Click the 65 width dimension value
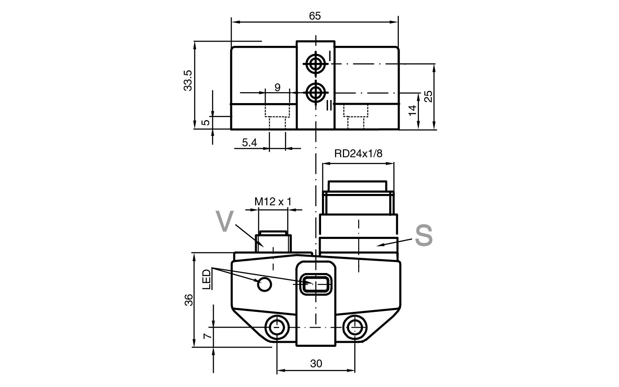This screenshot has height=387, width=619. pos(315,16)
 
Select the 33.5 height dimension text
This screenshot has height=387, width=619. pos(188,80)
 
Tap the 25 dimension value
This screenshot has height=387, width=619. pos(428,97)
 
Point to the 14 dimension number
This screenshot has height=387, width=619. pos(412,111)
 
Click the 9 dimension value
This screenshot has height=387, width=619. pos(277,87)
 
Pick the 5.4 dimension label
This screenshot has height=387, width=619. pos(249,142)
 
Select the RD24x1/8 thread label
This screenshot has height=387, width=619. pos(358,153)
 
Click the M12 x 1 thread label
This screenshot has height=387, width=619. pos(273,202)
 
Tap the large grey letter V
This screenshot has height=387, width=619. pos(225,221)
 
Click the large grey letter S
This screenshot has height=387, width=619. pos(424,235)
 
